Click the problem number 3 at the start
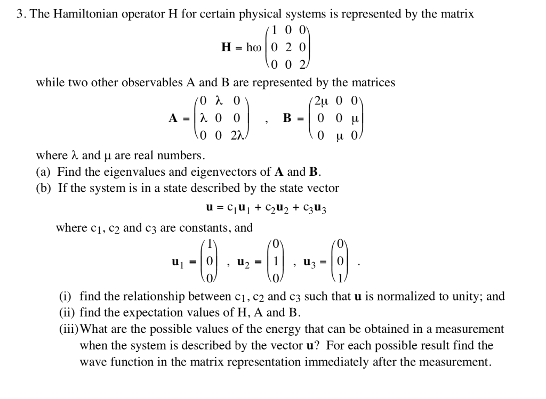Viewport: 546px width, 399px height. click(x=20, y=14)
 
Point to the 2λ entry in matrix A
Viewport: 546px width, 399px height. click(x=237, y=135)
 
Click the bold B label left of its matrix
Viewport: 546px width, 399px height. click(x=287, y=118)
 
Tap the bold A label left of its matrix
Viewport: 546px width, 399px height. click(x=173, y=118)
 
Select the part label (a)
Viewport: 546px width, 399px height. click(x=44, y=172)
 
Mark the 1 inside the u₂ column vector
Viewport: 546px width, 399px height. click(x=276, y=262)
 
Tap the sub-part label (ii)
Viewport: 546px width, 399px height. click(x=68, y=313)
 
